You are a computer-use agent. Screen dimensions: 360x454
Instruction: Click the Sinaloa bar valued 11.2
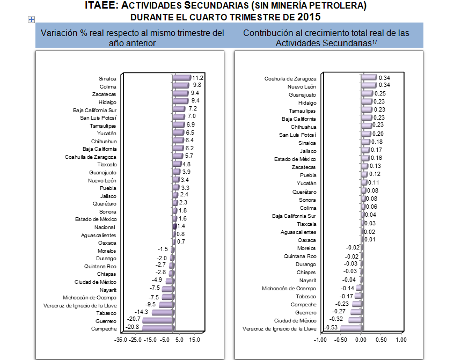[181, 78]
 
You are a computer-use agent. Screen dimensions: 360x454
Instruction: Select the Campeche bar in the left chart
[157, 328]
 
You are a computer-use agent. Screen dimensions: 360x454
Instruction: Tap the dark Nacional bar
[174, 227]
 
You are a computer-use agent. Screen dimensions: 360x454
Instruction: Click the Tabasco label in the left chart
[106, 313]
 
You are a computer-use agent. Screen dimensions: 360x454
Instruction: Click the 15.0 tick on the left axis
[195, 340]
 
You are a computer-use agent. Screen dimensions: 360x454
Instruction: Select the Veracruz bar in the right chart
[350, 328]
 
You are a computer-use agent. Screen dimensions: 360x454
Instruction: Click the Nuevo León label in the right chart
[302, 86]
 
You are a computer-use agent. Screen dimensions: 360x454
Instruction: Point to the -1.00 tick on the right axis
[320, 340]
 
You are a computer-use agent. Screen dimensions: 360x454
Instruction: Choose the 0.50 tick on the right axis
[382, 340]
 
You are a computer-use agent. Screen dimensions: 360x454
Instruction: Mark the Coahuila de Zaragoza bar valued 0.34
[369, 78]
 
